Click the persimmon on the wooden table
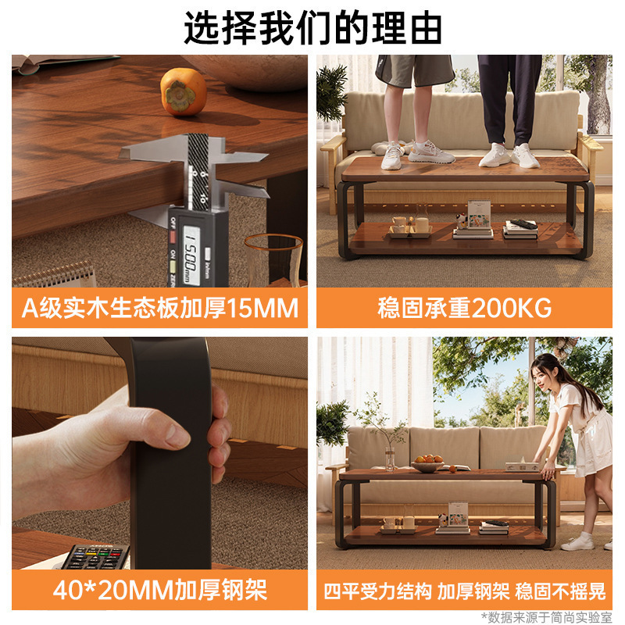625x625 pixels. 183,91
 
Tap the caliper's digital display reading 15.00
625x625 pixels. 191,247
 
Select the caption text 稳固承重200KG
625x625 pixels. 464,309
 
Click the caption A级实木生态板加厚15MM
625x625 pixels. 159,309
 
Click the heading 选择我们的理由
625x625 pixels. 312,28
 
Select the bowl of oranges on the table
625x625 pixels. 427,463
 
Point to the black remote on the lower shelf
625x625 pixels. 523,224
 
